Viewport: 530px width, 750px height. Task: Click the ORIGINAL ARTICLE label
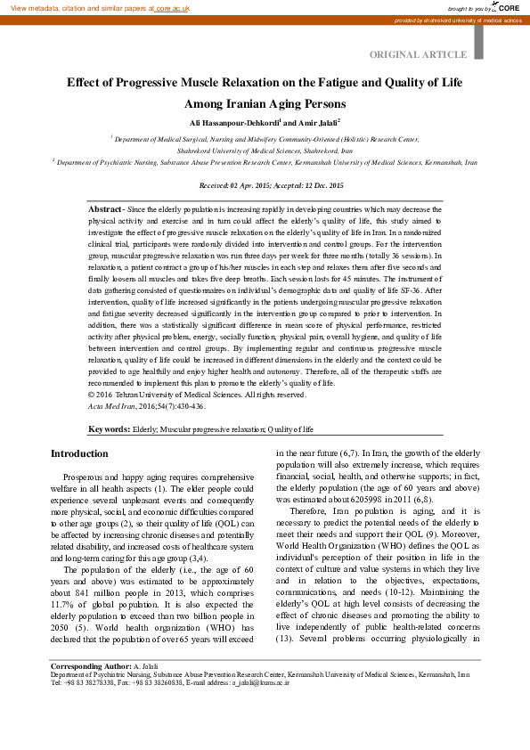(x=424, y=55)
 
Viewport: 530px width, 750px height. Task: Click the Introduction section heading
(x=79, y=454)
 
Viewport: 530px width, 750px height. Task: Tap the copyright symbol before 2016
(x=92, y=395)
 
